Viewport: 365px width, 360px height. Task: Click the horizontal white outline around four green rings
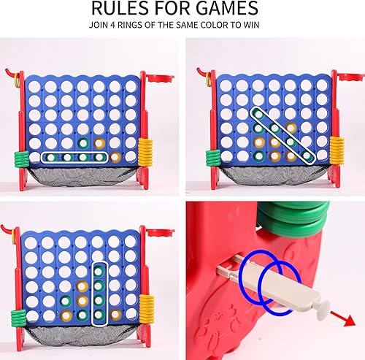(x=74, y=156)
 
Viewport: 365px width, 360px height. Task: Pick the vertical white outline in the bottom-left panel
(x=99, y=292)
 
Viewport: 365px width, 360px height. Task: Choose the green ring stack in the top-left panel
(x=20, y=156)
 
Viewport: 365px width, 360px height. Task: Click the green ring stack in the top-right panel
(x=212, y=156)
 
